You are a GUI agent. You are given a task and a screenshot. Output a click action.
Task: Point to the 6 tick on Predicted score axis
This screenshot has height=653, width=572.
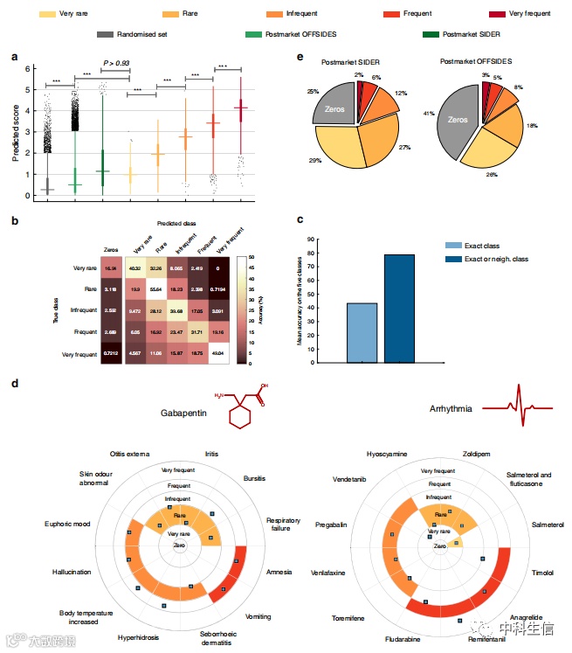click(29, 68)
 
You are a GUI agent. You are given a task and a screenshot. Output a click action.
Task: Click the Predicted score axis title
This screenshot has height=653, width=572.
click(16, 131)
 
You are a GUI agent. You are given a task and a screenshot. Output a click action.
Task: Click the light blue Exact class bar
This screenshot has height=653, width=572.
click(362, 332)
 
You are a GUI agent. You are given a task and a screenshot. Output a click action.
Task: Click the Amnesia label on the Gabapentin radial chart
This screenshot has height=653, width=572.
click(279, 572)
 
